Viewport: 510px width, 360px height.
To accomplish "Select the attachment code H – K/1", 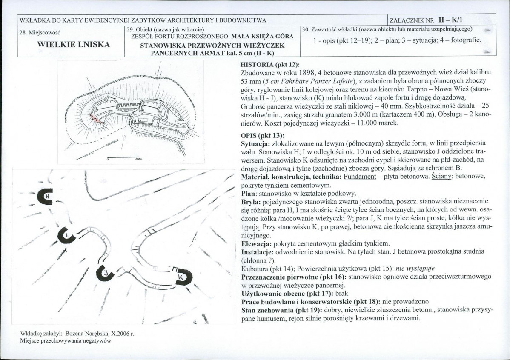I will [x=453, y=20].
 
